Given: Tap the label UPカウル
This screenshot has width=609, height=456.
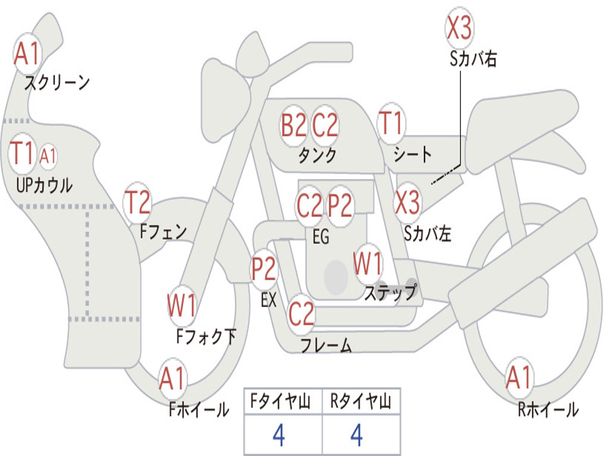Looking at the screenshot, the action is pos(44,185).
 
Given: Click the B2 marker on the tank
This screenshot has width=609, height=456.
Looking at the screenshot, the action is pos(294,125).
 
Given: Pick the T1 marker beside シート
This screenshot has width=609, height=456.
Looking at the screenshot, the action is pos(391,124).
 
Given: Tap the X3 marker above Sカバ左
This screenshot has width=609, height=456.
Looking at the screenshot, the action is pos(408,202).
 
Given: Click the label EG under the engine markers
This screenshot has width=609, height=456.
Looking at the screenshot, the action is pos(321,237).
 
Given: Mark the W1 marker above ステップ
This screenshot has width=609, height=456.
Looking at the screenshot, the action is pos(368,264).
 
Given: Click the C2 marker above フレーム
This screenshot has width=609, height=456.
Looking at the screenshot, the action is pos(301,313).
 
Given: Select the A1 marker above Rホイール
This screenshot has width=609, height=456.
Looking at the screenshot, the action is pos(519,378).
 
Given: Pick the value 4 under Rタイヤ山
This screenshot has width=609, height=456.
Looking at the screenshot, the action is pos(357,436).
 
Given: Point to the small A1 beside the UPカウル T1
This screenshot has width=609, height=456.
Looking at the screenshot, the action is pos(48,156).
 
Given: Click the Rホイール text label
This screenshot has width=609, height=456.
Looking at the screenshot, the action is pos(548,410).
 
